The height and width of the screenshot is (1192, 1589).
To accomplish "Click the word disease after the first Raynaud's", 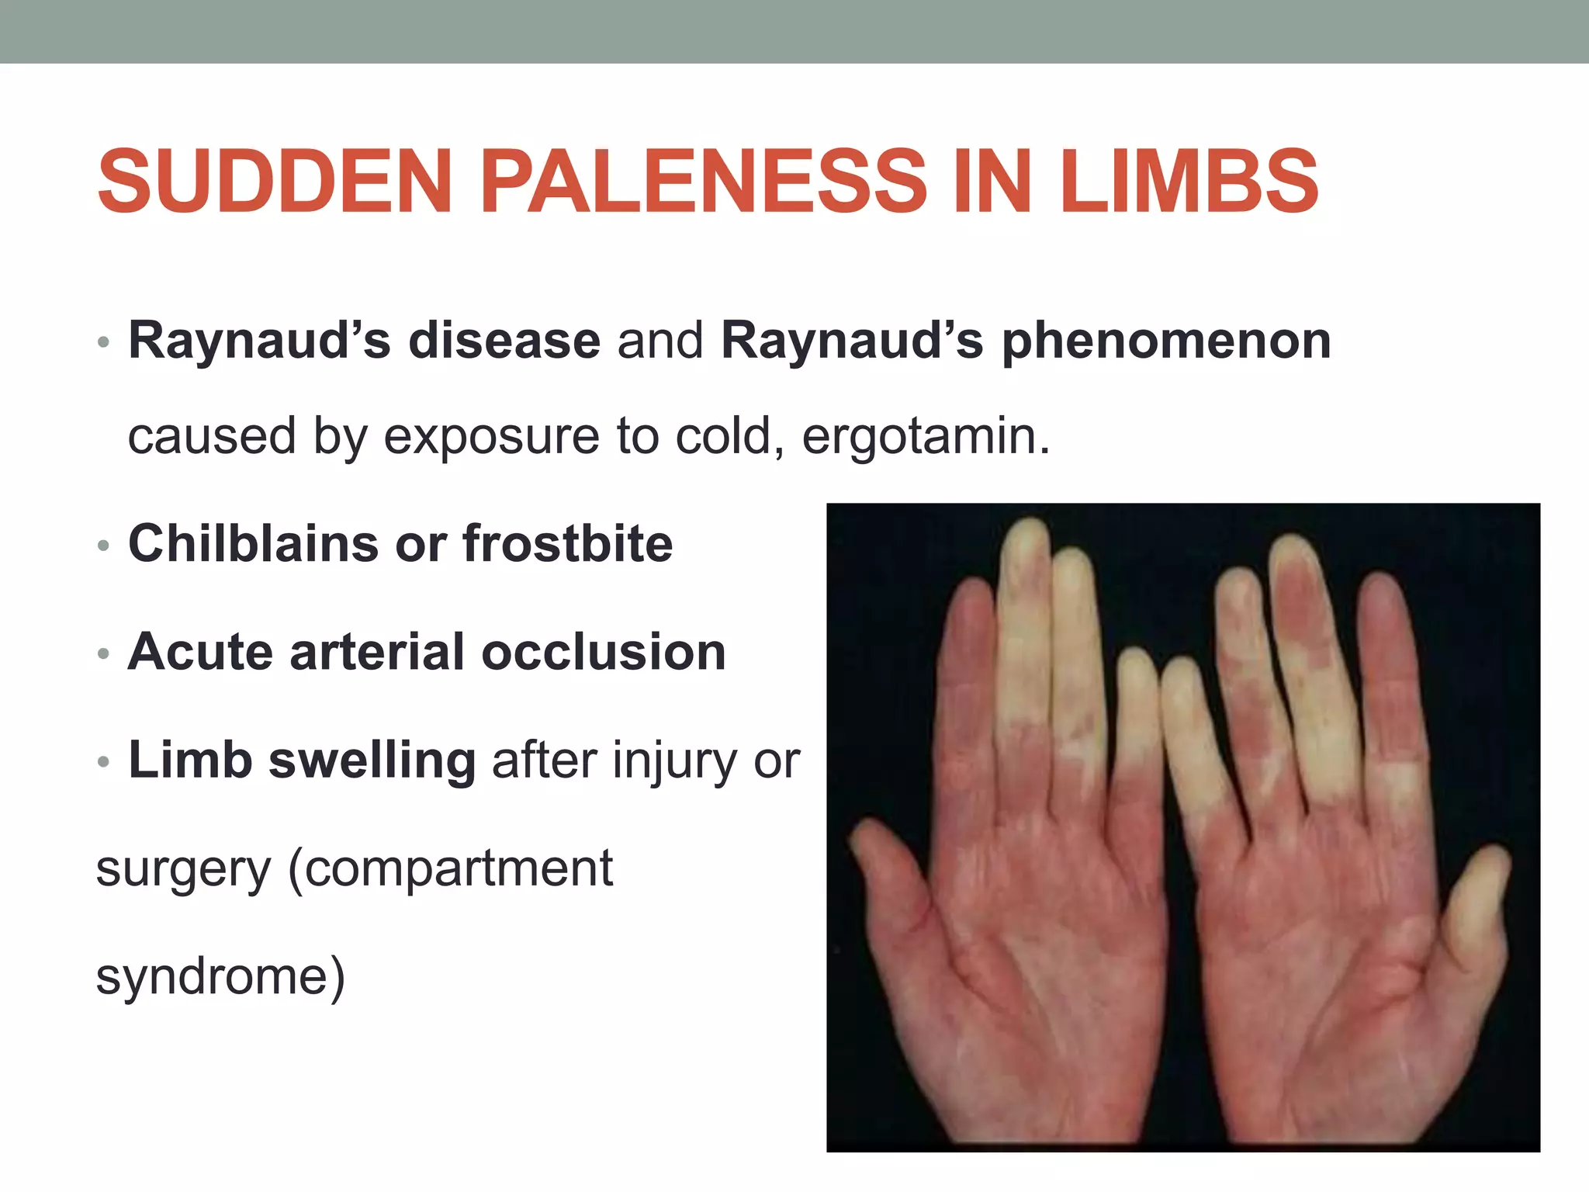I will tap(504, 341).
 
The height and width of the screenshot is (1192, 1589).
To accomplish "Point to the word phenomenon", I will tap(1166, 341).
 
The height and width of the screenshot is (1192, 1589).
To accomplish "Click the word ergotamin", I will tap(925, 436).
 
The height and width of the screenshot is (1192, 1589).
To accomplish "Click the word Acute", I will tap(200, 652).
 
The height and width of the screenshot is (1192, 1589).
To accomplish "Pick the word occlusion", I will tap(604, 652).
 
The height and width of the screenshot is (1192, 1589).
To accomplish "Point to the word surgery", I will tap(183, 871).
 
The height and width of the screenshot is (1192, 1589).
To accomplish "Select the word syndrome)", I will tap(220, 976).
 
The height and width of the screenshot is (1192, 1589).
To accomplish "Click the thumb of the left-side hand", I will tap(892, 877).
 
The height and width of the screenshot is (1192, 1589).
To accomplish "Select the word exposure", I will tap(491, 436).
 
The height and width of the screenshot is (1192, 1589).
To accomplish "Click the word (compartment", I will tap(451, 869).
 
